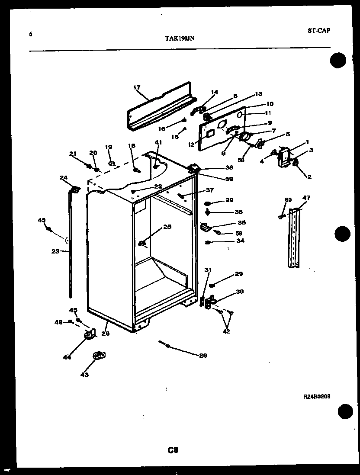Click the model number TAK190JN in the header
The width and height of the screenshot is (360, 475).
(180, 38)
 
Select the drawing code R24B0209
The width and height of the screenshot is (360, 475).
(317, 395)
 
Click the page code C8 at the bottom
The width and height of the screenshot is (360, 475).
(173, 450)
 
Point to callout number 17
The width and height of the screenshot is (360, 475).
(137, 87)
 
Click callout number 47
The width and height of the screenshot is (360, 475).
(306, 199)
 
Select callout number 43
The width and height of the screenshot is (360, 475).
(84, 375)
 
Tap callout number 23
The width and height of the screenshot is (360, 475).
(55, 250)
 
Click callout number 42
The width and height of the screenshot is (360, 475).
(226, 332)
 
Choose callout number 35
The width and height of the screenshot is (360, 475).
(241, 223)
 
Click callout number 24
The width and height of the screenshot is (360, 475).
(64, 177)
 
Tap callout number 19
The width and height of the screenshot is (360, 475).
(108, 147)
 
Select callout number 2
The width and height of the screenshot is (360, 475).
(309, 177)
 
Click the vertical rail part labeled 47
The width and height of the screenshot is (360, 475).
(294, 238)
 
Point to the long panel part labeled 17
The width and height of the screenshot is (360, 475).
(160, 106)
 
